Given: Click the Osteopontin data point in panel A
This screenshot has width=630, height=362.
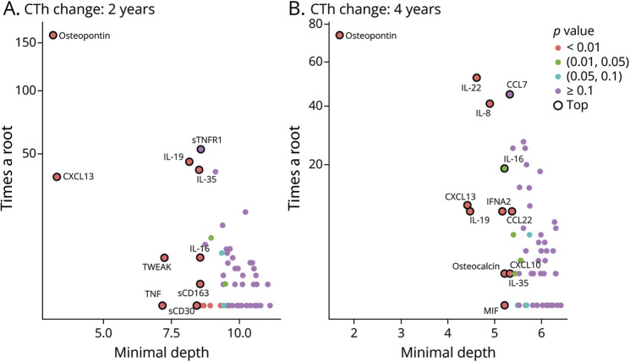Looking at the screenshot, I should coord(53,36).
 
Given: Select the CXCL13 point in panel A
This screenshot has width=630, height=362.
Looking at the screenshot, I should coord(57,177).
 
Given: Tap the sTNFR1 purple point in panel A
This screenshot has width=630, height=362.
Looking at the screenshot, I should coord(201,150).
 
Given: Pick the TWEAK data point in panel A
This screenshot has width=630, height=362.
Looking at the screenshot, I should coord(165,258).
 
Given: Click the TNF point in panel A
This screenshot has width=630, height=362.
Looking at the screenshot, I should coord(163,305).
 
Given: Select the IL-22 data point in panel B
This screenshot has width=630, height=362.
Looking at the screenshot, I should coord(476,78).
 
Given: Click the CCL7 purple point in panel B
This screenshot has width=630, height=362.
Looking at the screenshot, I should coord(510,95).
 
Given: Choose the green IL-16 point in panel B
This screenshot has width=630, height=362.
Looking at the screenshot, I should coord(504,168).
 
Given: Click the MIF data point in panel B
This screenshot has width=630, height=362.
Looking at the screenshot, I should coord(504,305).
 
